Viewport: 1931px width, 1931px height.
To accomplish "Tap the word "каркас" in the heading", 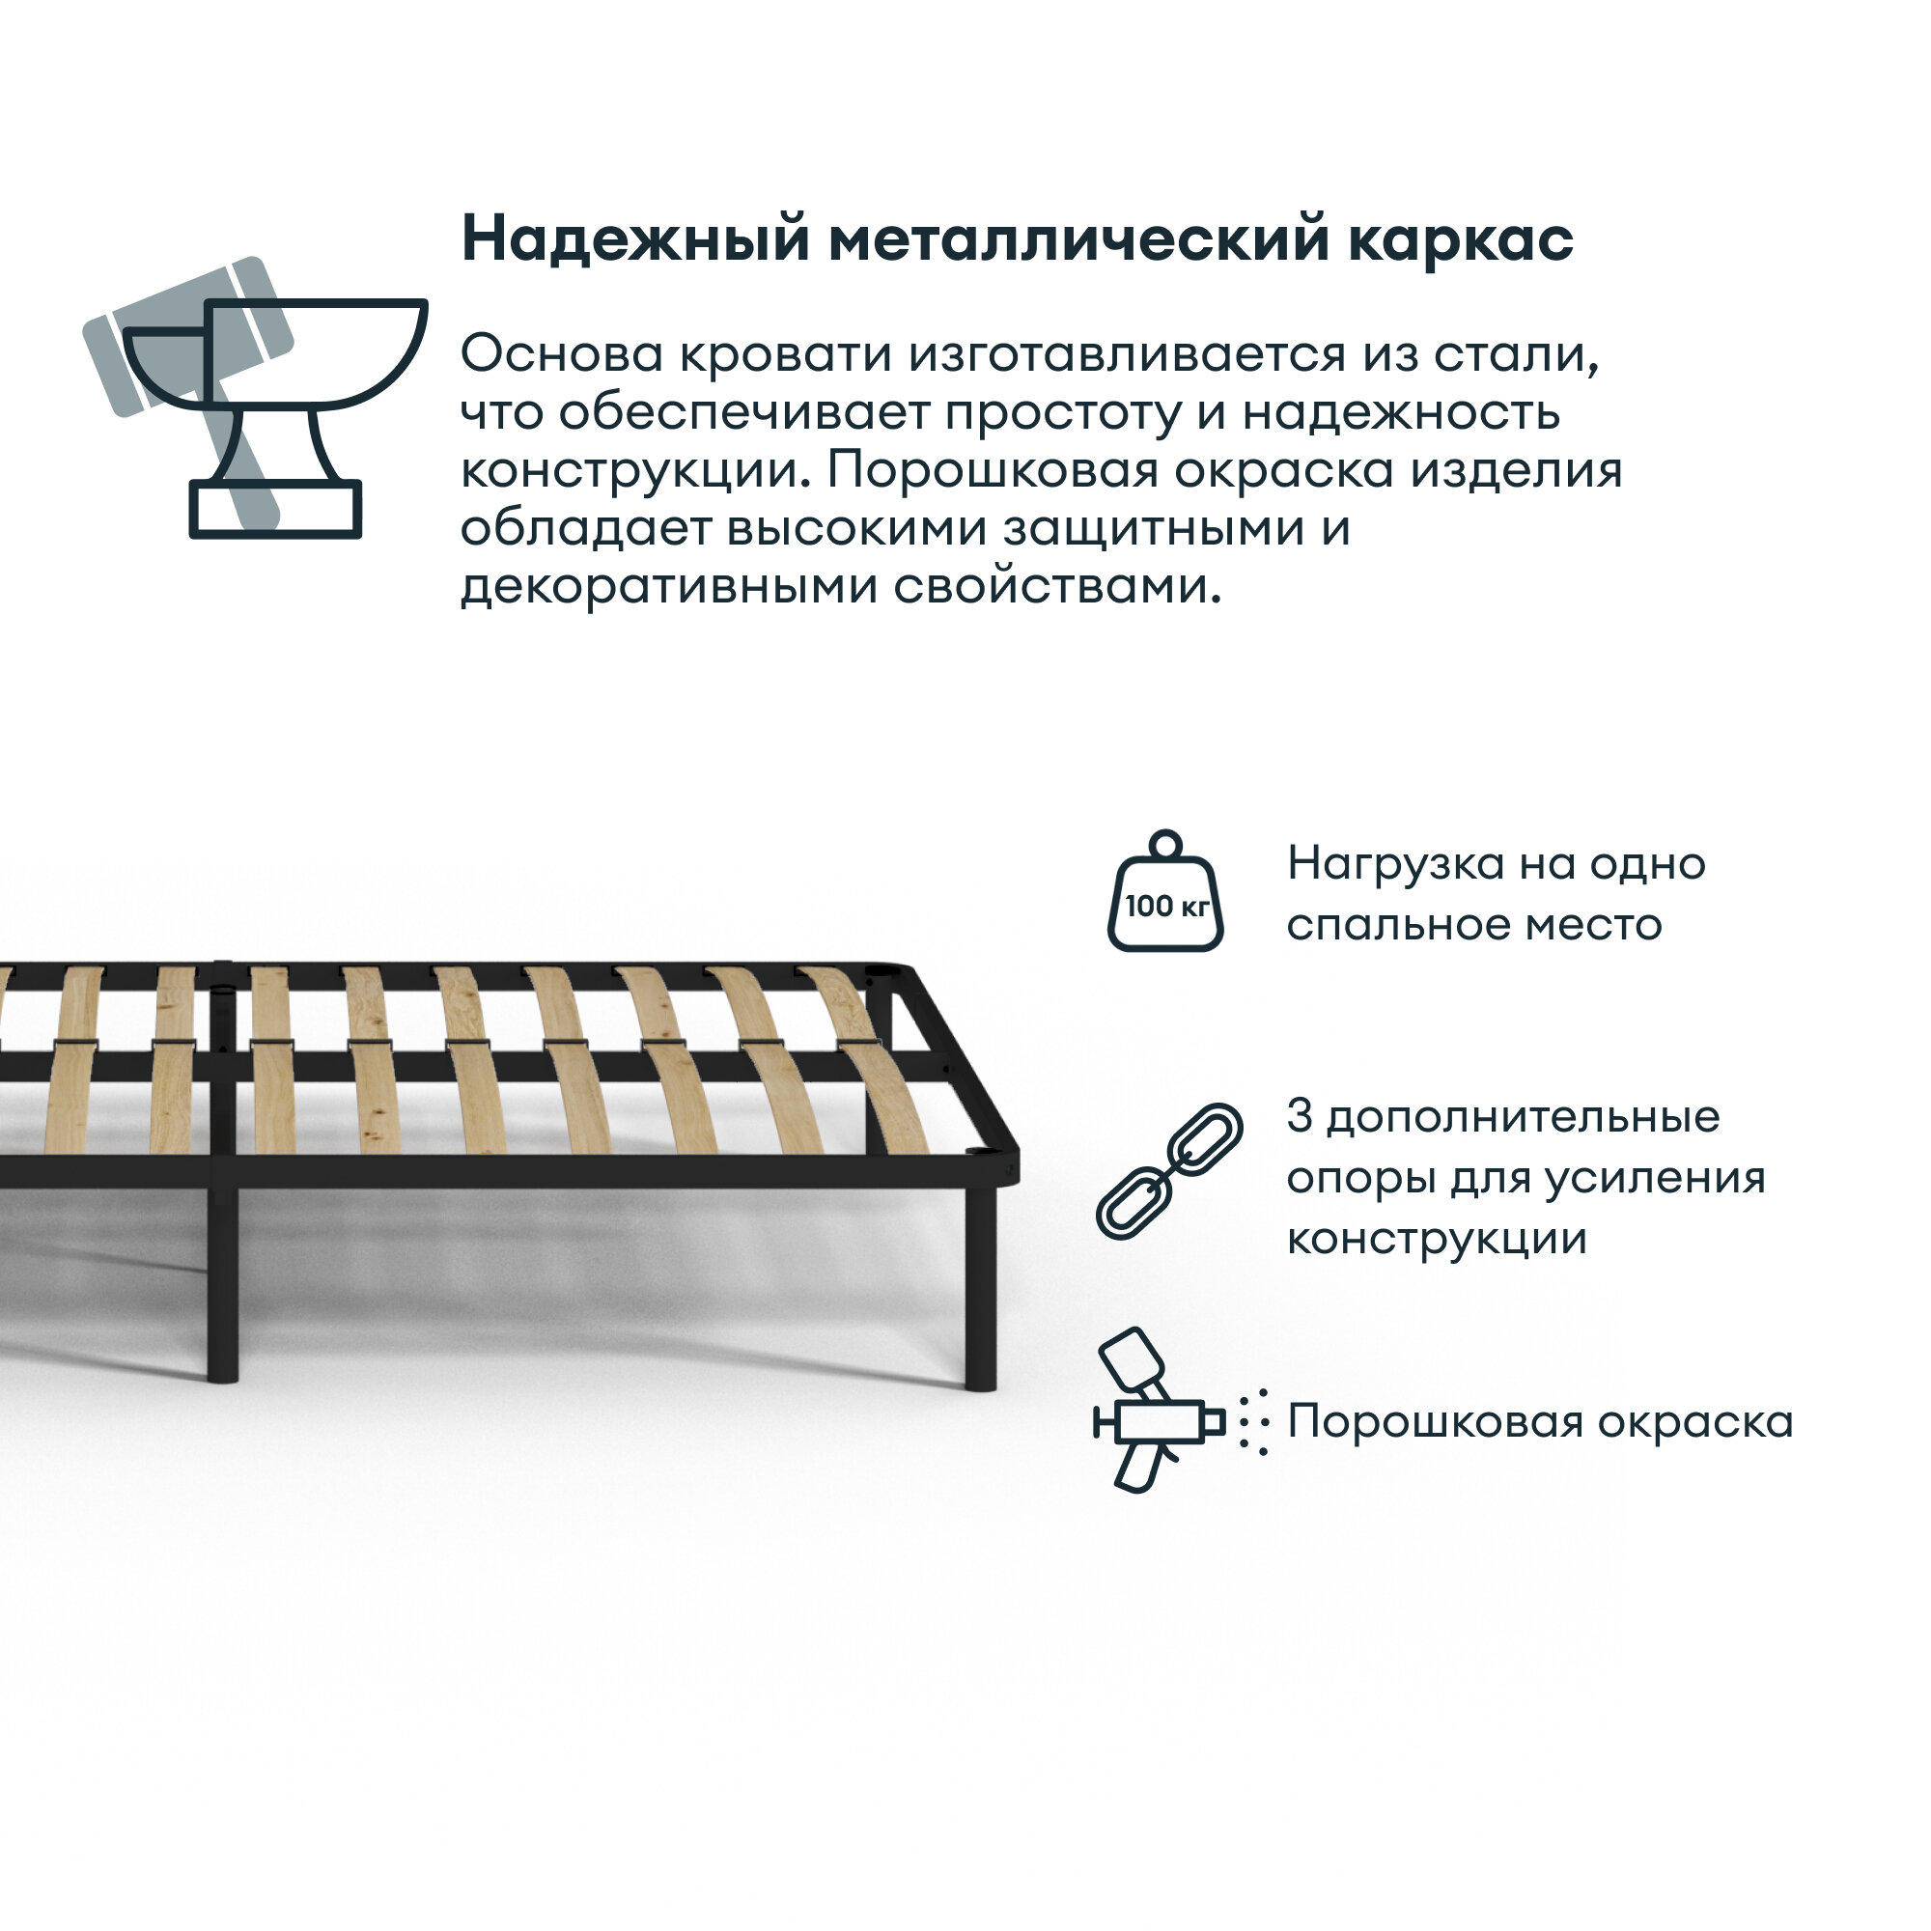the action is click(x=1460, y=240).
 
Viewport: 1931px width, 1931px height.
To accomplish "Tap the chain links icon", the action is click(x=1168, y=1172).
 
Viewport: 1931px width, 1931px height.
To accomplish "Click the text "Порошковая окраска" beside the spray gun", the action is click(x=1539, y=1422).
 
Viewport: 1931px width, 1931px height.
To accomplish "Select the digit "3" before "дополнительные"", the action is click(x=1299, y=1116).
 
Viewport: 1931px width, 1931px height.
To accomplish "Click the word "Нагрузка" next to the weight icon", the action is click(x=1395, y=864).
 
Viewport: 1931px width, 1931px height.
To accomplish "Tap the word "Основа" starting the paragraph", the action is click(x=562, y=354).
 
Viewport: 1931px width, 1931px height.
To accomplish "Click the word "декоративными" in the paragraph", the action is click(x=669, y=587).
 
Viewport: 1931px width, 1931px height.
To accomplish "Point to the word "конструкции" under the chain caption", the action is click(x=1437, y=1240).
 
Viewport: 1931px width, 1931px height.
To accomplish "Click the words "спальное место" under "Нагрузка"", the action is click(x=1474, y=925).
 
